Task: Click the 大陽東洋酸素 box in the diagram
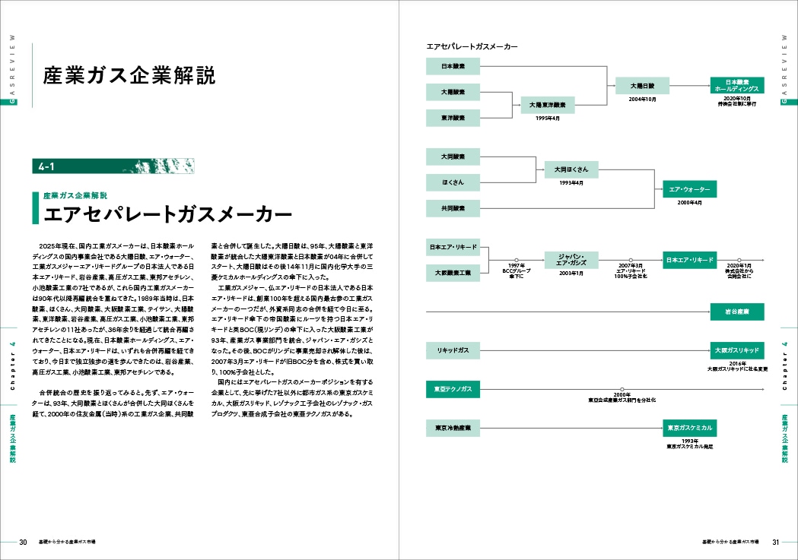[548, 105]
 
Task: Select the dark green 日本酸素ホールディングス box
[737, 85]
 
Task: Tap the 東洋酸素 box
[453, 118]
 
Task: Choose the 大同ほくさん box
[571, 169]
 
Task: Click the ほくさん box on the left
[453, 182]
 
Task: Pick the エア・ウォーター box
[689, 188]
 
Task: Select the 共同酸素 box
[453, 208]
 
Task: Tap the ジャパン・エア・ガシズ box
[571, 259]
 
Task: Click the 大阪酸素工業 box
[453, 272]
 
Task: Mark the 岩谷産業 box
[737, 311]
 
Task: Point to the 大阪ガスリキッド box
[737, 350]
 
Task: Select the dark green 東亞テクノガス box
[453, 390]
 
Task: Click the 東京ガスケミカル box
[689, 429]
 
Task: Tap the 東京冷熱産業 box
[453, 429]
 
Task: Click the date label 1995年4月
[548, 119]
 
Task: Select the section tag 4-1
[47, 166]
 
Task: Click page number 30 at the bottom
[23, 542]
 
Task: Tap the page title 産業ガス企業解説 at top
[129, 76]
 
